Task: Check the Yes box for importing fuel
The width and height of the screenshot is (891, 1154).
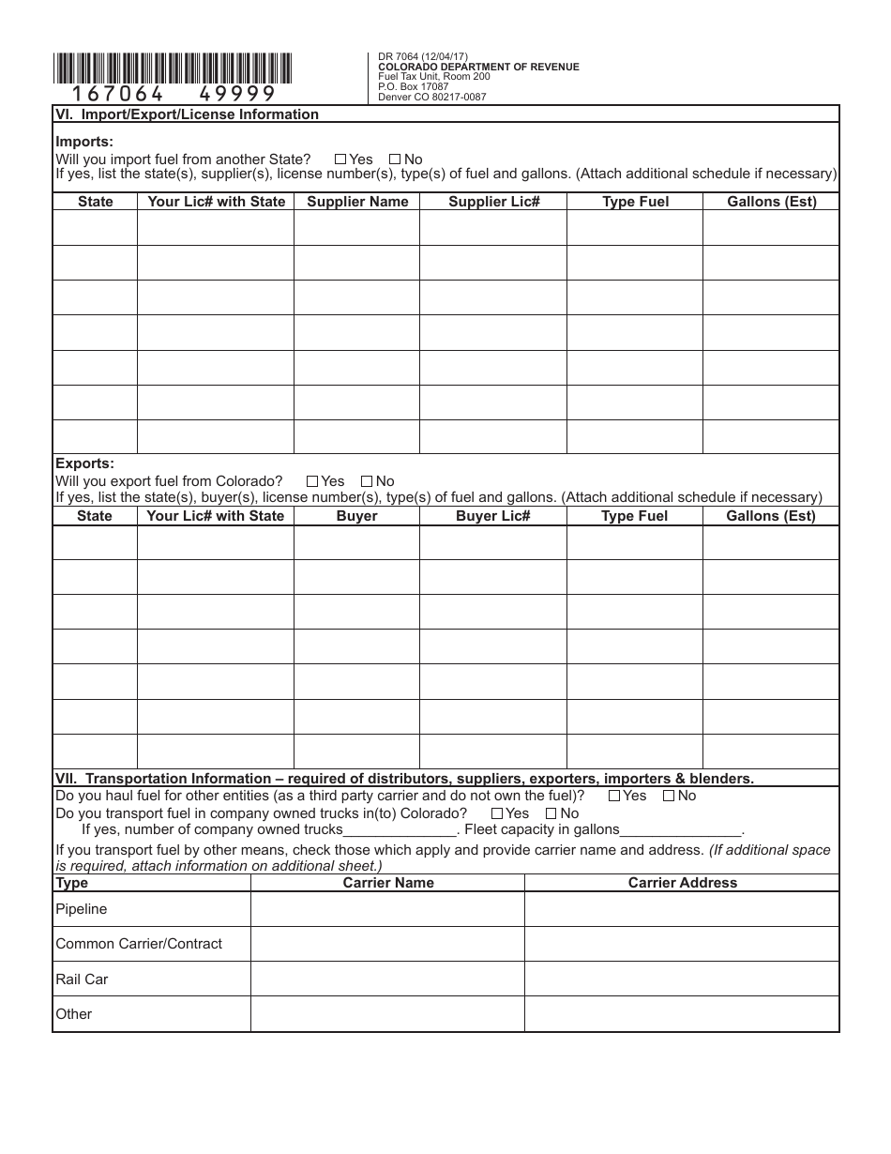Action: pyautogui.click(x=340, y=159)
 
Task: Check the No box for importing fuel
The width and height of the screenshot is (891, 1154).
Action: pyautogui.click(x=394, y=159)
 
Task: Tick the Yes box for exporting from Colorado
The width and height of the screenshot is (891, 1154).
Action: pyautogui.click(x=312, y=481)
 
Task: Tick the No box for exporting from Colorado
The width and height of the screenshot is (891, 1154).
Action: pyautogui.click(x=367, y=481)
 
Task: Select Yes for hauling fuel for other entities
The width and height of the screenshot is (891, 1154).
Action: pyautogui.click(x=613, y=796)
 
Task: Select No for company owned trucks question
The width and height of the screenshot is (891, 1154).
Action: pyautogui.click(x=551, y=813)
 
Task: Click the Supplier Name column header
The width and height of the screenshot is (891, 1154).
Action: pyautogui.click(x=357, y=202)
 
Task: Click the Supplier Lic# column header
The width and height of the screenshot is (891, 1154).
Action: pyautogui.click(x=493, y=202)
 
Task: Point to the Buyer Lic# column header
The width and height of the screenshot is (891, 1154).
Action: pyautogui.click(x=493, y=516)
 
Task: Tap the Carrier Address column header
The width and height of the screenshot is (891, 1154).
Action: pyautogui.click(x=682, y=883)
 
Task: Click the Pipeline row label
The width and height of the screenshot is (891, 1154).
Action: pyautogui.click(x=82, y=909)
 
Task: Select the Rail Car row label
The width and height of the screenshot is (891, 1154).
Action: pyautogui.click(x=83, y=979)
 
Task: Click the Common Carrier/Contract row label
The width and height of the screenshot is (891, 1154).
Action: pyautogui.click(x=139, y=944)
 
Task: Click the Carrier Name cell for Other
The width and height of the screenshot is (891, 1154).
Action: pyautogui.click(x=386, y=1014)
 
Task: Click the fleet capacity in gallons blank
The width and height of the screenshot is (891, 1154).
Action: pyautogui.click(x=681, y=830)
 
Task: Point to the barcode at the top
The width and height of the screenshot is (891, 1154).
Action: pyautogui.click(x=174, y=68)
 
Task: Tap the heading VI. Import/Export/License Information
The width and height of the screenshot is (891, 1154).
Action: pyautogui.click(x=188, y=114)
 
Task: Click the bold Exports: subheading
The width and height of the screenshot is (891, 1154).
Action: pyautogui.click(x=85, y=463)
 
